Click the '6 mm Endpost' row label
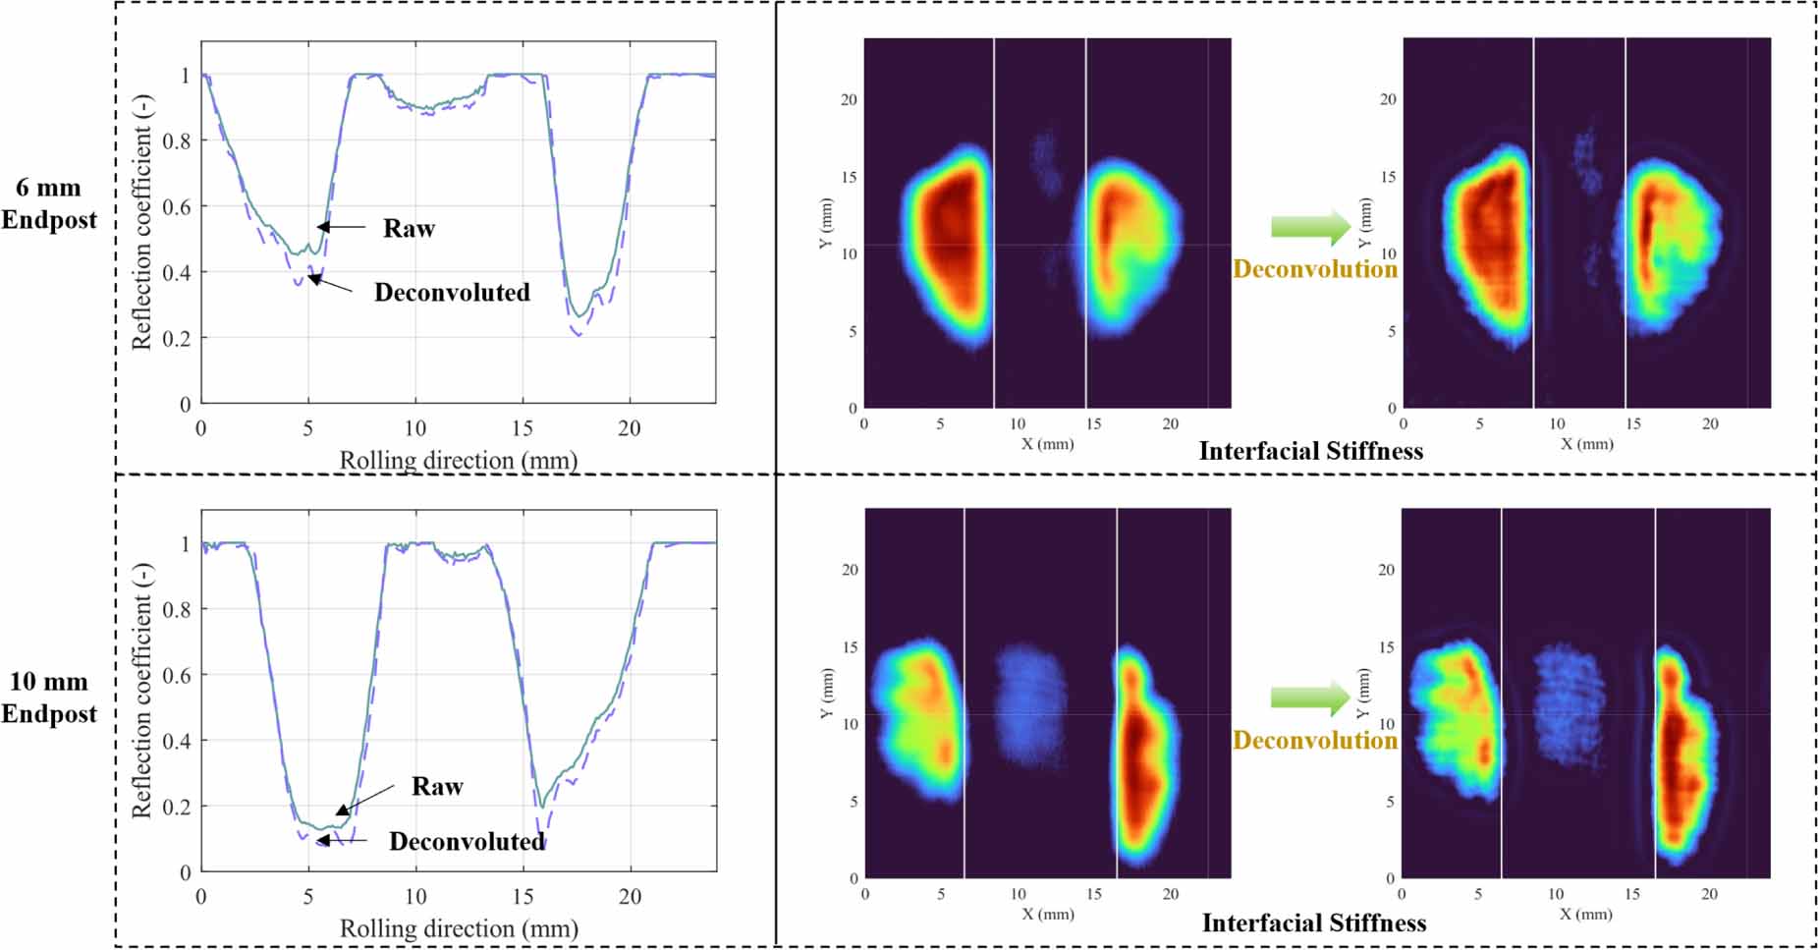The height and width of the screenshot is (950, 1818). click(x=48, y=203)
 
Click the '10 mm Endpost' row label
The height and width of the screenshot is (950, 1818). click(x=48, y=698)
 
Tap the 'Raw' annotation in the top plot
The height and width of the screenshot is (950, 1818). click(x=409, y=229)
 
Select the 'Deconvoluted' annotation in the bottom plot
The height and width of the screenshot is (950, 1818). click(x=467, y=842)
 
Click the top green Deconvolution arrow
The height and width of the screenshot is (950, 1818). click(x=1310, y=227)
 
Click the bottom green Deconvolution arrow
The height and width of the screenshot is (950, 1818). click(x=1310, y=699)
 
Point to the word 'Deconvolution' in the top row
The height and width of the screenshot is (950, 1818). click(x=1314, y=269)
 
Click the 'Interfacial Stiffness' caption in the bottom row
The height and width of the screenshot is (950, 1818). click(x=1313, y=923)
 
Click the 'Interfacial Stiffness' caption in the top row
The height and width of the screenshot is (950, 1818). click(x=1310, y=452)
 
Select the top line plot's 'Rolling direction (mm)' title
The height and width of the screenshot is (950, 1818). click(x=458, y=460)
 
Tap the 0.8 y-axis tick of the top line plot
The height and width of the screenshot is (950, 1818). click(x=177, y=140)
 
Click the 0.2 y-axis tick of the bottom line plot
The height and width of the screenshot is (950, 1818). click(x=177, y=807)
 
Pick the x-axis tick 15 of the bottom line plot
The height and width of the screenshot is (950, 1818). click(x=523, y=896)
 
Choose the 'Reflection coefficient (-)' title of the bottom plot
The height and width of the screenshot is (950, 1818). click(x=143, y=691)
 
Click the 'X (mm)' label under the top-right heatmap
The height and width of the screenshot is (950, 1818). click(x=1586, y=444)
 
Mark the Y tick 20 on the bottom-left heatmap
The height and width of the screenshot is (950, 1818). click(x=849, y=570)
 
